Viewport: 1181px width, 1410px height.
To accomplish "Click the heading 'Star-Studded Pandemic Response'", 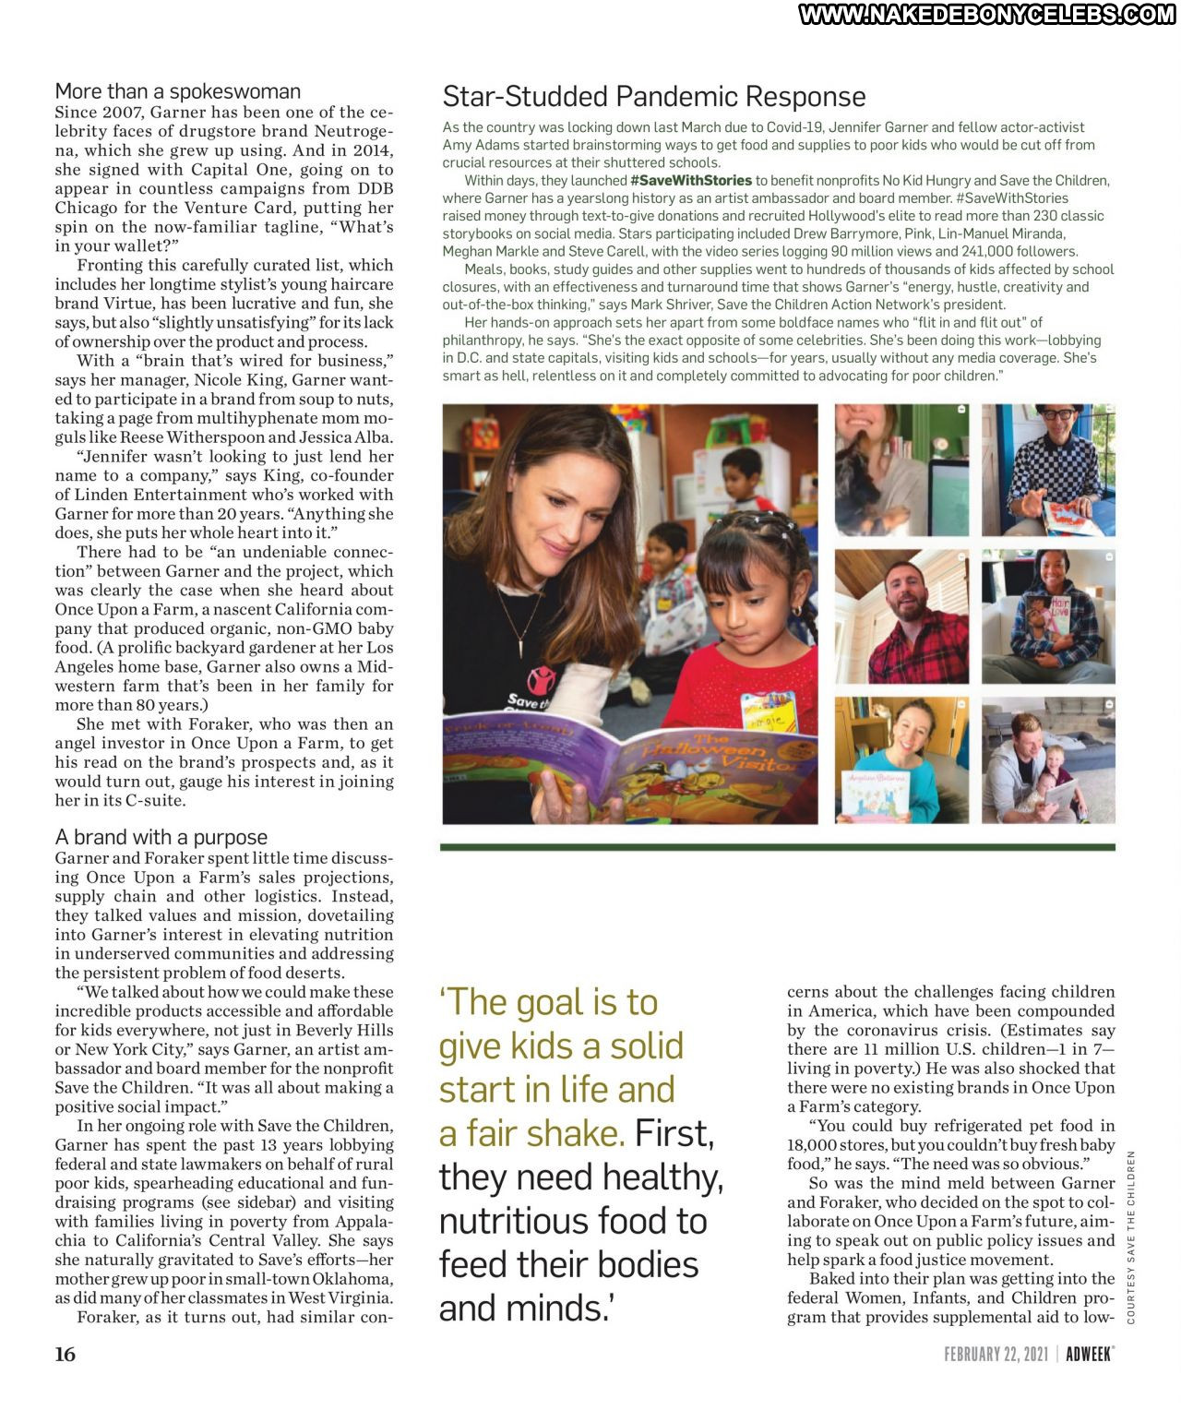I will click(x=654, y=97).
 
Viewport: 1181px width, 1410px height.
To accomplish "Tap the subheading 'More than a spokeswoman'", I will click(x=178, y=91).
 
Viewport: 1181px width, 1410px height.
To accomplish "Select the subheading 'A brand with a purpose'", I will click(x=161, y=837).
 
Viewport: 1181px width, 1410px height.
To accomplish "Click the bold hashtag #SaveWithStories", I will click(x=691, y=181).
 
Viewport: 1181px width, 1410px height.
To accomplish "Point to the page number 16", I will click(x=66, y=1354).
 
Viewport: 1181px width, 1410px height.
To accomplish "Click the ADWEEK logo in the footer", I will click(x=1090, y=1354).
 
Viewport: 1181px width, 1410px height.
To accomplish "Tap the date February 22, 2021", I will click(x=996, y=1354).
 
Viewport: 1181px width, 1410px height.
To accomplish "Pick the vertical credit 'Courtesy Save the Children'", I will click(x=1130, y=1237).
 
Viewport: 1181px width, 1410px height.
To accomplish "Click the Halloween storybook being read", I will click(x=627, y=757).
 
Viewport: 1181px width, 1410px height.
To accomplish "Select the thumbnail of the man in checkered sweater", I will click(x=1048, y=470).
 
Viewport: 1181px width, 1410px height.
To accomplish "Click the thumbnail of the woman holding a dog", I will click(x=901, y=470).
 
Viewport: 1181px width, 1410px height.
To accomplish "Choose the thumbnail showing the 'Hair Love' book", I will click(x=1048, y=615).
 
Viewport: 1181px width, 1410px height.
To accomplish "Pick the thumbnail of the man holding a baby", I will click(x=1048, y=760).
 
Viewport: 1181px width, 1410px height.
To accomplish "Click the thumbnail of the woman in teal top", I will click(x=901, y=760).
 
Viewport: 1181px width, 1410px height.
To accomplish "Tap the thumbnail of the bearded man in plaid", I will click(x=901, y=615).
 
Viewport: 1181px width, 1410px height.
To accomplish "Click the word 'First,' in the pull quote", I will click(x=674, y=1133).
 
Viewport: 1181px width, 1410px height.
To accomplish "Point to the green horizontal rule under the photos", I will click(x=778, y=846).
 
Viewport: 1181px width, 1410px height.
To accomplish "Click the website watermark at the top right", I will click(x=986, y=14).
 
